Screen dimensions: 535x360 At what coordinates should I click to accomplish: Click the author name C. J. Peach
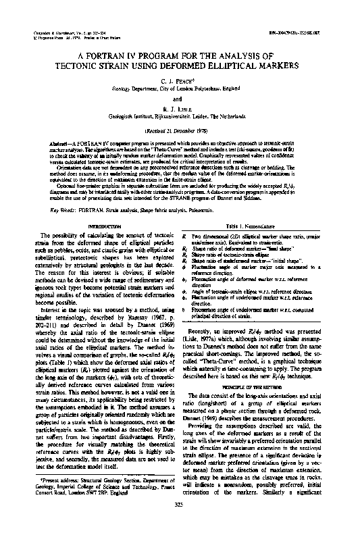pyautogui.click(x=180, y=79)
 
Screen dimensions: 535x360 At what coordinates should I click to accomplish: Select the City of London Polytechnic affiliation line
pyautogui.click(x=180, y=88)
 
